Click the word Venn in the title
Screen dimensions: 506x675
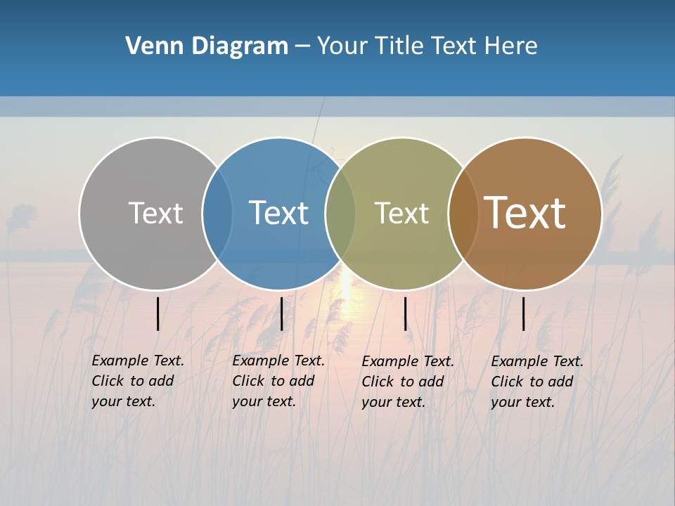[x=148, y=46]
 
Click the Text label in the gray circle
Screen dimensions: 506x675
[x=155, y=212]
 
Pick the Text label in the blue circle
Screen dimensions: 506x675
[x=278, y=212]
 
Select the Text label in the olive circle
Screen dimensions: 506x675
[x=401, y=212]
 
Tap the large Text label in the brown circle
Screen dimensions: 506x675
[x=525, y=212]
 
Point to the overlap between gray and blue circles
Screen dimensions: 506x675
[x=217, y=212]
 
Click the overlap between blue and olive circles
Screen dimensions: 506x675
[x=340, y=212]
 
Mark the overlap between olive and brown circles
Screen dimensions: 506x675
[x=463, y=212]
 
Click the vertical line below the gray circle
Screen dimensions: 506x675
[x=157, y=313]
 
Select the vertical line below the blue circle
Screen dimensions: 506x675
[x=281, y=313]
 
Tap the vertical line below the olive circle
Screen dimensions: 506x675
[x=405, y=313]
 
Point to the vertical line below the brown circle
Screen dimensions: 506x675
[x=523, y=313]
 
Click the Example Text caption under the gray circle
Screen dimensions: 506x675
[x=137, y=381]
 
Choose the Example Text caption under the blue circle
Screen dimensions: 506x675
[x=278, y=381]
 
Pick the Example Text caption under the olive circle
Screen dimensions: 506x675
[x=407, y=382]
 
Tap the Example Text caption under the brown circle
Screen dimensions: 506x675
[x=536, y=382]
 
